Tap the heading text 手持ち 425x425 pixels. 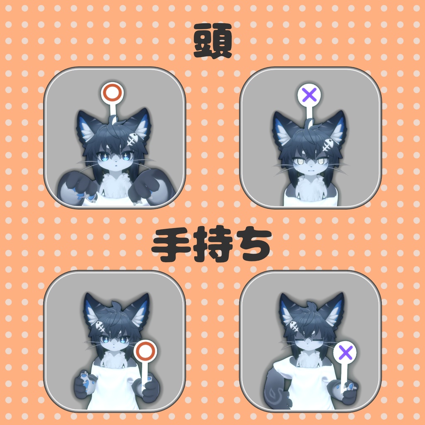pyautogui.click(x=212, y=245)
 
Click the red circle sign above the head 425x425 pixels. pyautogui.click(x=112, y=93)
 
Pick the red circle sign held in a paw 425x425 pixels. pyautogui.click(x=145, y=351)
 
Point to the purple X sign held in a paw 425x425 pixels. pyautogui.click(x=345, y=353)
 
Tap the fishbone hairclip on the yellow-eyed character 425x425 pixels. pyautogui.click(x=328, y=145)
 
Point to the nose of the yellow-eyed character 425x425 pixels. pyautogui.click(x=310, y=166)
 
